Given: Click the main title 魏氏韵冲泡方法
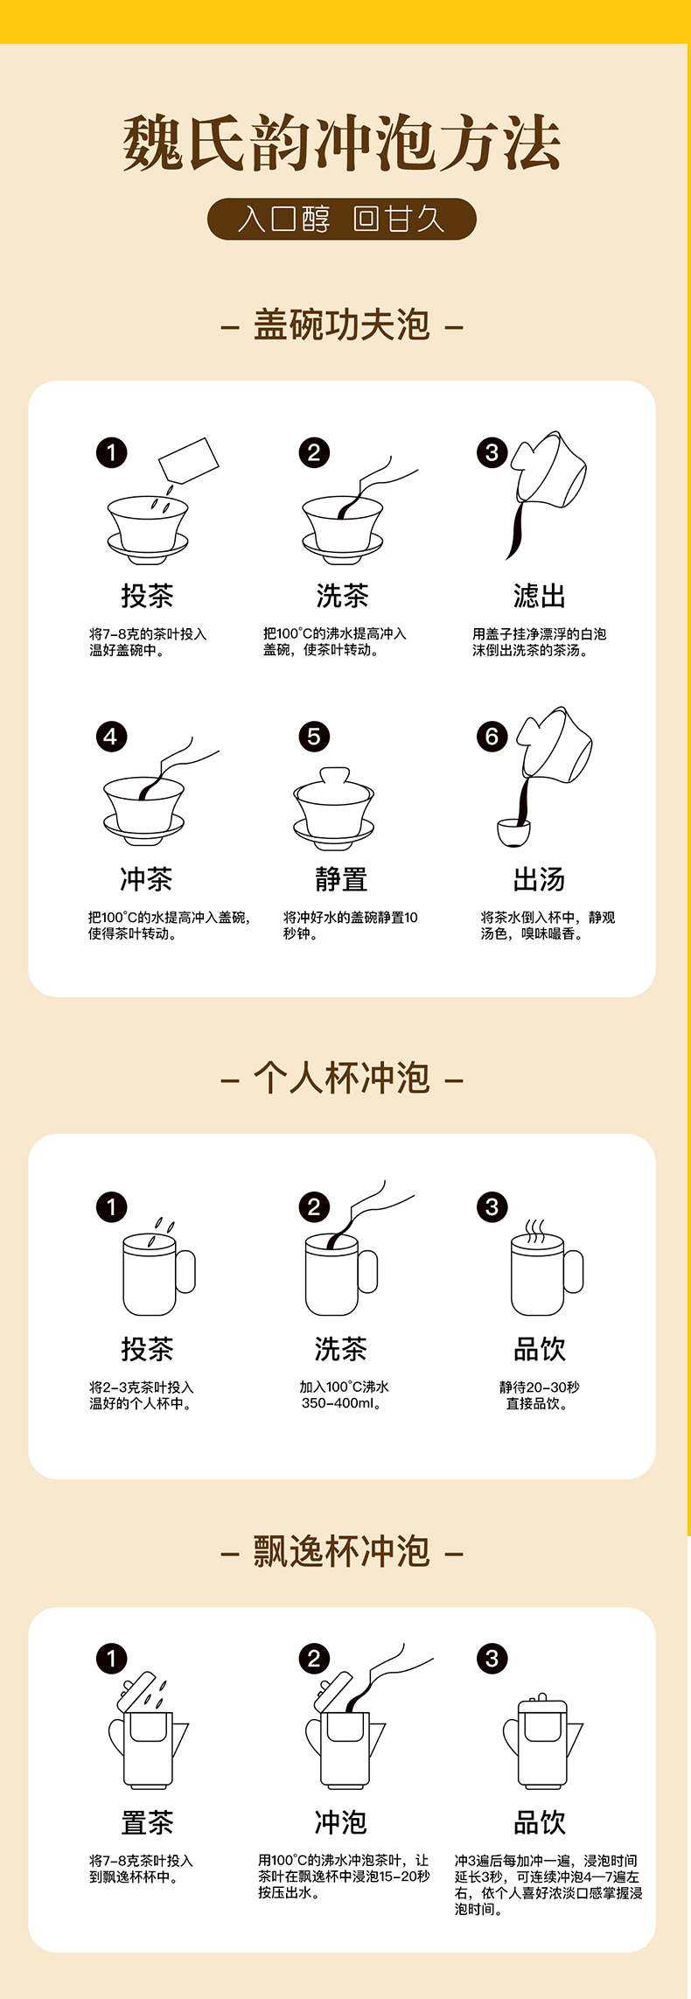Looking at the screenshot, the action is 342,143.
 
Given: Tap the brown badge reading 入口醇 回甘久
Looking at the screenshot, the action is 342,219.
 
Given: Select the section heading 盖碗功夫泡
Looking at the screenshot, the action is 342,325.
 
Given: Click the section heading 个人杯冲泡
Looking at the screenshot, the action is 342,1078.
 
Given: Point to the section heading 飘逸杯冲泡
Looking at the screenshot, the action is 342,1551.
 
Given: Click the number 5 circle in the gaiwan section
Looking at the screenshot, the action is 314,737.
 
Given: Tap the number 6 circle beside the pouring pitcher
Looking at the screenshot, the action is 492,737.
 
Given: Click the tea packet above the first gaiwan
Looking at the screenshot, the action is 188,459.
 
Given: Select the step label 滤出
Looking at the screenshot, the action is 539,597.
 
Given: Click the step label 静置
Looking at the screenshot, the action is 342,880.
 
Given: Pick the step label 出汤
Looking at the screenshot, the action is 539,880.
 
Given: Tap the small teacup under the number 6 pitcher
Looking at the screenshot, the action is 513,833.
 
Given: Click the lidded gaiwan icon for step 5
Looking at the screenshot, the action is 334,808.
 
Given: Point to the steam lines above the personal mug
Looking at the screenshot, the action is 534,1229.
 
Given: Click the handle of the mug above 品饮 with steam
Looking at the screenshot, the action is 574,1272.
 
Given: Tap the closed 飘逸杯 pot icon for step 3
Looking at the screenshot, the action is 542,1741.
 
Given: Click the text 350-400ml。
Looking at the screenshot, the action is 341,1403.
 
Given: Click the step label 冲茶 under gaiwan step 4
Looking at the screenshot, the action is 146,880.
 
